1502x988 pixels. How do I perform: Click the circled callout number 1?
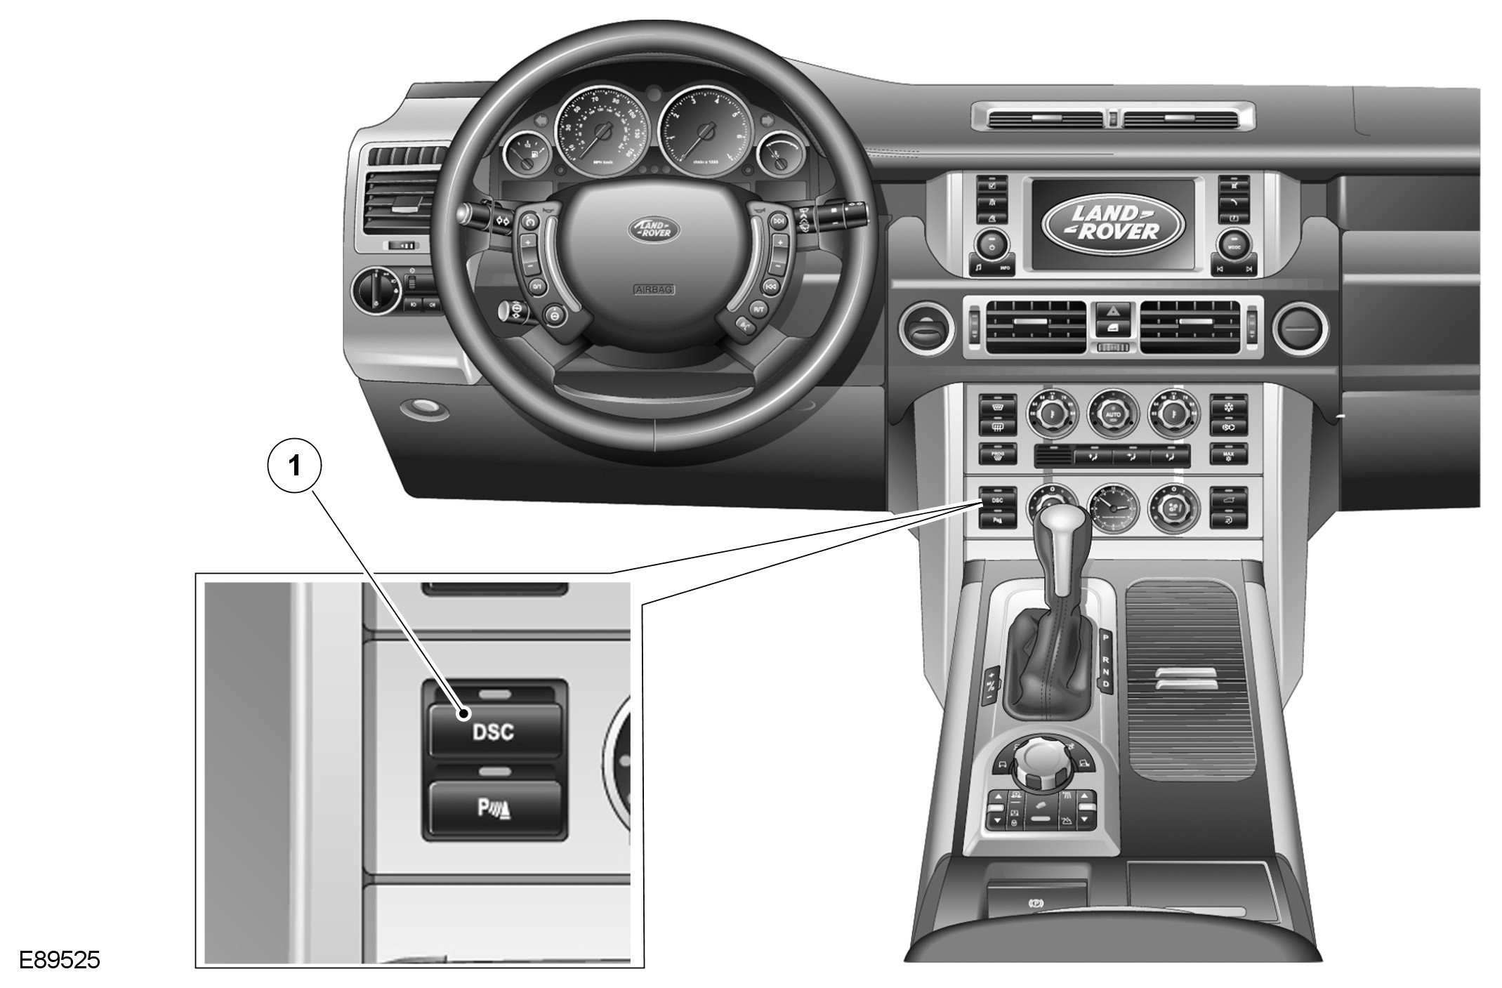coord(294,466)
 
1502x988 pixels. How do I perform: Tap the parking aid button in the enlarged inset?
coord(495,808)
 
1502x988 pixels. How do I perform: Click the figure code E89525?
coord(60,959)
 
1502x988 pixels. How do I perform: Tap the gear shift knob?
coord(1058,535)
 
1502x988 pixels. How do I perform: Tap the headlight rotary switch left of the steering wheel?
coord(375,289)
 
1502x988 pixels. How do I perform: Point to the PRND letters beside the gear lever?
coord(1105,660)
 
